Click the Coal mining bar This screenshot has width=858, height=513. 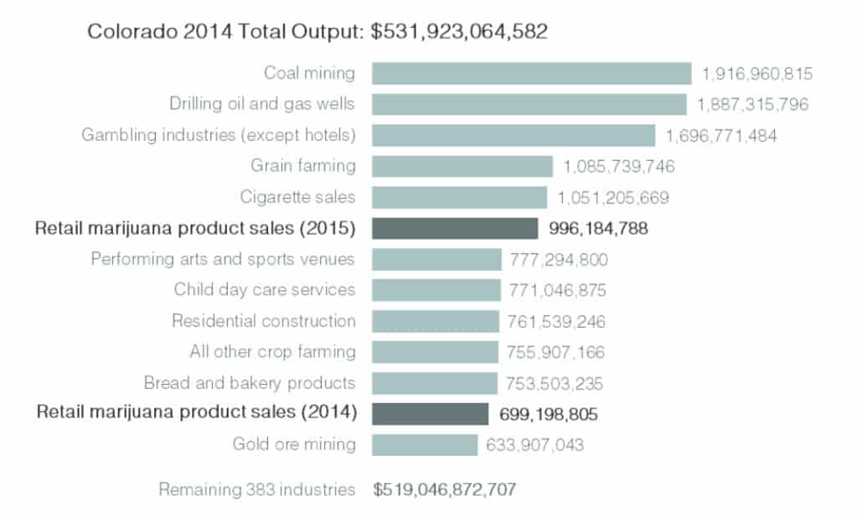tap(531, 74)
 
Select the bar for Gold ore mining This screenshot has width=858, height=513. tap(425, 444)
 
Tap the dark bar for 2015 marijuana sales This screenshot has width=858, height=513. tap(455, 228)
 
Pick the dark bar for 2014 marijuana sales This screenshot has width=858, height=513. tap(430, 413)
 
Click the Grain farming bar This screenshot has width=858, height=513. tap(463, 166)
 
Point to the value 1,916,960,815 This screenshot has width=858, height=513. tap(757, 74)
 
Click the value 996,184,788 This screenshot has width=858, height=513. tap(598, 228)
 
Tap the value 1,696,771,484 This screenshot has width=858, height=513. tap(721, 135)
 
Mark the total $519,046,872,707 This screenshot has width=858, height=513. tap(444, 489)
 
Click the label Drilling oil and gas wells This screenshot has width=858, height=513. tap(262, 104)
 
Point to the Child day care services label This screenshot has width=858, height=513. tap(265, 290)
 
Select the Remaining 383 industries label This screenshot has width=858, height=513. tap(257, 489)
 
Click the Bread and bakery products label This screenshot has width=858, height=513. tap(250, 383)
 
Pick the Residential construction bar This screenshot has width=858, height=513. tap(436, 321)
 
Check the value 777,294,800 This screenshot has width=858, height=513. tap(559, 259)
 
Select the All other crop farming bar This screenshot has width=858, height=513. tap(435, 352)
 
